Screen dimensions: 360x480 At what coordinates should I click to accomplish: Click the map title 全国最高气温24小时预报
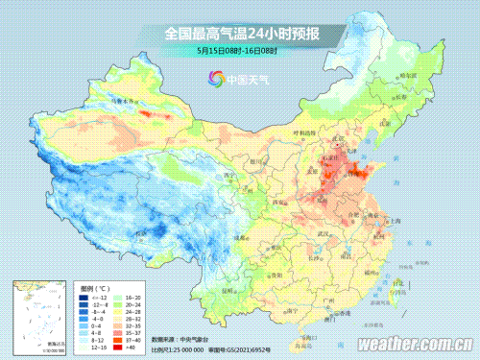(x=241, y=35)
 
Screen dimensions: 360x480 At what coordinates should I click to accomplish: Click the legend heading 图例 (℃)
(x=94, y=287)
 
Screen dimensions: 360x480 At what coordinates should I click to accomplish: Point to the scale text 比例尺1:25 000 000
(x=190, y=349)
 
